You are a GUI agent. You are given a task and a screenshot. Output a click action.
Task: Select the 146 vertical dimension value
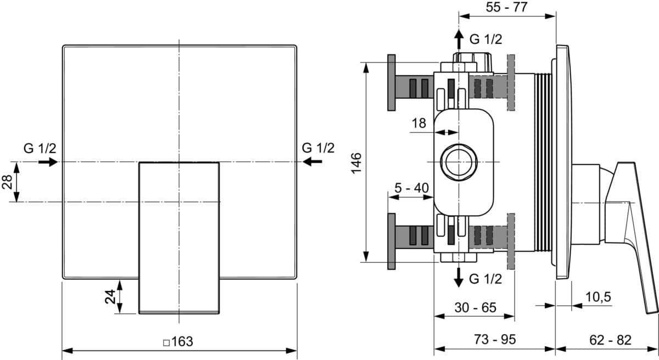click(x=356, y=163)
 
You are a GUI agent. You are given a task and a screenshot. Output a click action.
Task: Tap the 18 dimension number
click(x=419, y=123)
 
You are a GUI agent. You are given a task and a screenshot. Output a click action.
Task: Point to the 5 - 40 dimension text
click(x=411, y=188)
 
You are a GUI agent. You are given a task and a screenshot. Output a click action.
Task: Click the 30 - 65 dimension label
click(x=475, y=308)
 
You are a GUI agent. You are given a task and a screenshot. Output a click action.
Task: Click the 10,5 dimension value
click(x=598, y=297)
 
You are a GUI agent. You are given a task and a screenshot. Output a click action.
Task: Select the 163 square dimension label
click(x=178, y=341)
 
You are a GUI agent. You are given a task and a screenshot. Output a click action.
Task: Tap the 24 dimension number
click(x=110, y=296)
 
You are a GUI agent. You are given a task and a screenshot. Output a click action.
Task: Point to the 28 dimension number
click(x=7, y=182)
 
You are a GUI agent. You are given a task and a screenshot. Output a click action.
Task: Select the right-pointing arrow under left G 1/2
click(x=49, y=162)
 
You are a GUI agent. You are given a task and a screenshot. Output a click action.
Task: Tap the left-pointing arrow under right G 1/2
click(x=313, y=161)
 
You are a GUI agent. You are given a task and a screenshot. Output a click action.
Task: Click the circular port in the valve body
click(x=459, y=162)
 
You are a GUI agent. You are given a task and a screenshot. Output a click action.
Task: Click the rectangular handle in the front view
click(x=179, y=238)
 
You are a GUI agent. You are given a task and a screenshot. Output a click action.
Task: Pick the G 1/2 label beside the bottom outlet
click(x=485, y=279)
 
